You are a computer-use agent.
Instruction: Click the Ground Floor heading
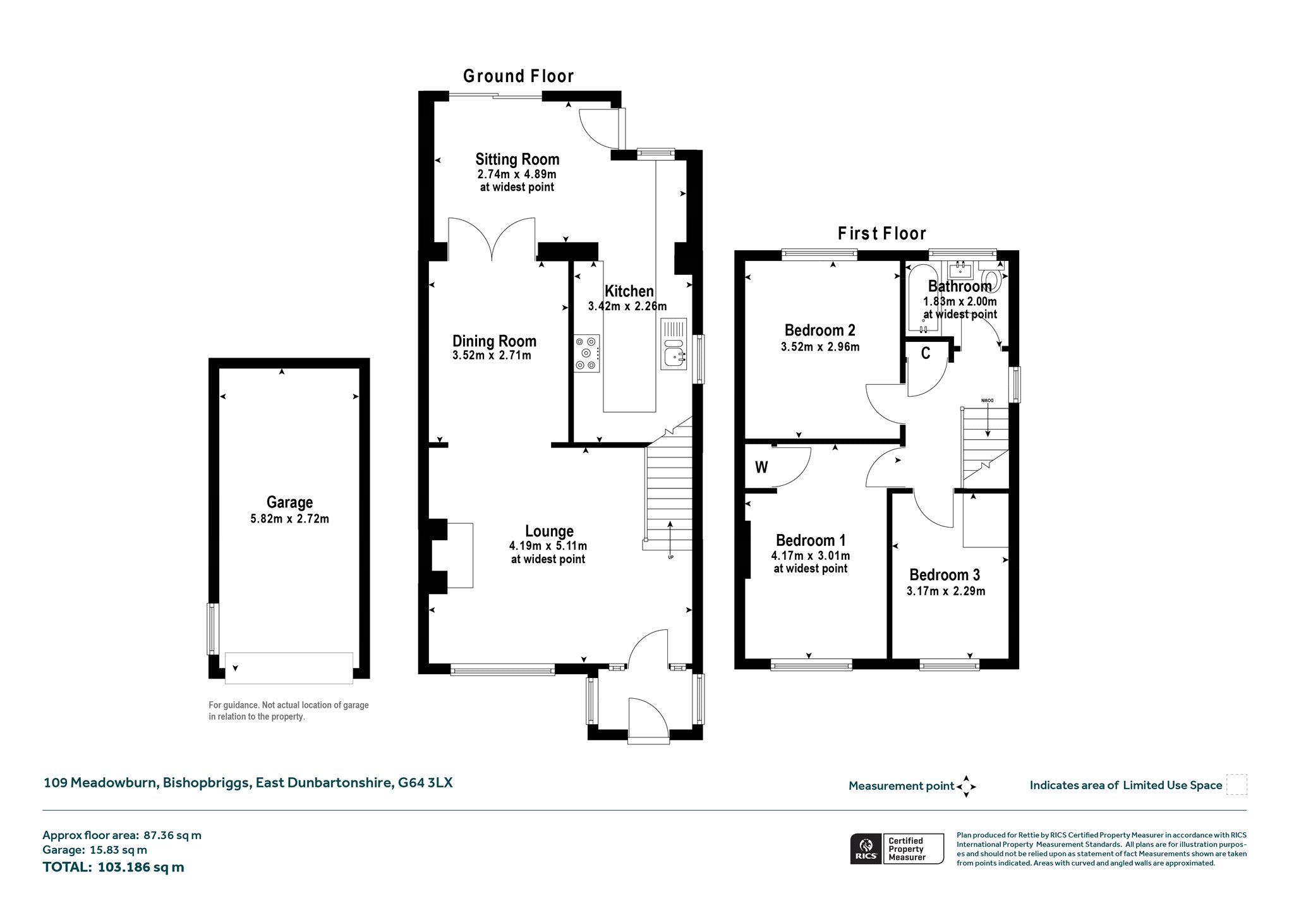tap(518, 76)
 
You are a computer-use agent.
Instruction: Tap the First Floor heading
tap(882, 234)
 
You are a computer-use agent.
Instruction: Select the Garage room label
tap(289, 502)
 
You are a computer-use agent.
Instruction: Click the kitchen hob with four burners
tap(587, 353)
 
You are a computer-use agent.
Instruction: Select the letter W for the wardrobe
tap(761, 468)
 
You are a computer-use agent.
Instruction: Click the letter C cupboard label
tap(926, 353)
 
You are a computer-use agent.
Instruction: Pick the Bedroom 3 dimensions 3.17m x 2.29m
tap(946, 591)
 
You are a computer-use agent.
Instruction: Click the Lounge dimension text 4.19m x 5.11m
tap(548, 546)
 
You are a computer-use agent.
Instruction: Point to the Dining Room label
tap(494, 341)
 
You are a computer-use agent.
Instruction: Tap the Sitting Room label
tap(517, 159)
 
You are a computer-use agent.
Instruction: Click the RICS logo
tap(866, 849)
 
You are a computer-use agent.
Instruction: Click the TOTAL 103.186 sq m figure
tap(114, 867)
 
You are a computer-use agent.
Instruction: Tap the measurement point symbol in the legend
tap(966, 787)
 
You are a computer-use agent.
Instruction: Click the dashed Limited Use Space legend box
tap(1237, 785)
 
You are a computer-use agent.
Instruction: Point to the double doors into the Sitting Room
tap(492, 239)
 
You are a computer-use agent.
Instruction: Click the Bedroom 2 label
tap(819, 330)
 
